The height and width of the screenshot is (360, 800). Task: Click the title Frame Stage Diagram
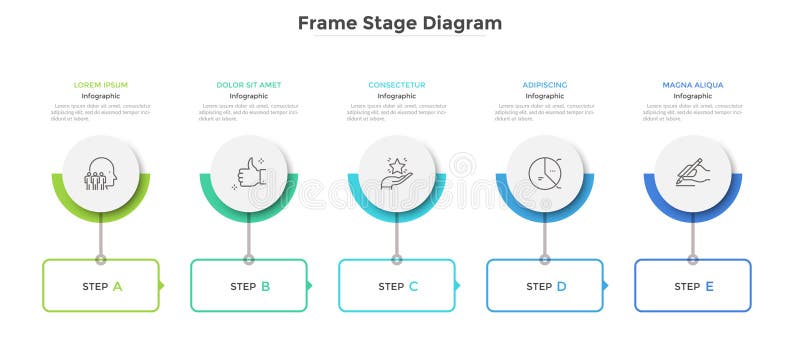click(400, 22)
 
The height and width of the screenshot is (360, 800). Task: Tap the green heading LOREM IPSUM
click(101, 85)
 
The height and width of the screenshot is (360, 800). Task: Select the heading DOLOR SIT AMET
click(249, 85)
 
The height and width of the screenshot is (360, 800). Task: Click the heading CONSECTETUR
click(397, 85)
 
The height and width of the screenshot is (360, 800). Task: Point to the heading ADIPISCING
click(545, 85)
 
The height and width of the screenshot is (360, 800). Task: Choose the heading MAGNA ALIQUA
click(693, 85)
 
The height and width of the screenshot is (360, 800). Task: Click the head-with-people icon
click(101, 174)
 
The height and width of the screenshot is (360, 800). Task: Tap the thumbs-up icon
click(249, 174)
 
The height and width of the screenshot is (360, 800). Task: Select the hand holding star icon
click(397, 174)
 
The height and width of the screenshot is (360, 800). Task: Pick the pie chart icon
click(545, 174)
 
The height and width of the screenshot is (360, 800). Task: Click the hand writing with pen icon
click(693, 174)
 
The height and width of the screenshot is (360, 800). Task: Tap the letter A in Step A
click(117, 286)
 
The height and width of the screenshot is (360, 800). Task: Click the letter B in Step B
click(265, 286)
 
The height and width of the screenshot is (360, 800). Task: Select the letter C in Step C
click(413, 286)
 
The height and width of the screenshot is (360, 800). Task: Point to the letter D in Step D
click(561, 286)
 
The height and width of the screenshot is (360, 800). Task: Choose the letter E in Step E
click(709, 286)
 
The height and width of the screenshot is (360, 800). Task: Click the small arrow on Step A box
click(162, 286)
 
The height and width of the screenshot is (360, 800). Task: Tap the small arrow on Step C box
click(458, 286)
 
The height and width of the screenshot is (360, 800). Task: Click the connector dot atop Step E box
click(693, 260)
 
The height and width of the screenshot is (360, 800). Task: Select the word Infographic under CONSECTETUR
click(397, 96)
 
